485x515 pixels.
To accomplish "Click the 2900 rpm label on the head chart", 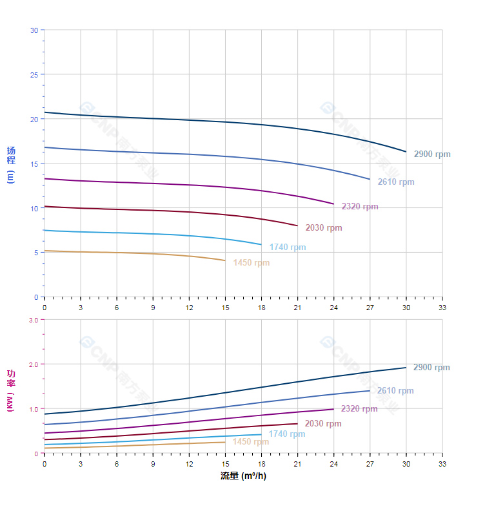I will pyautogui.click(x=432, y=154).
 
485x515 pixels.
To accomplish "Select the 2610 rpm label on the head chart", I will pyautogui.click(x=396, y=182).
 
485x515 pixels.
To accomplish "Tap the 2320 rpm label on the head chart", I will pyautogui.click(x=360, y=207).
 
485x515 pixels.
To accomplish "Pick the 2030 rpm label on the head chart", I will pyautogui.click(x=324, y=228).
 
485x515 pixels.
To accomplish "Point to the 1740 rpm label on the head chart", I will pyautogui.click(x=288, y=247).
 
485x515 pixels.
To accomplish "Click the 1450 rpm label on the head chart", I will pyautogui.click(x=252, y=263).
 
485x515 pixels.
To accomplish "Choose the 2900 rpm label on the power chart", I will pyautogui.click(x=431, y=368).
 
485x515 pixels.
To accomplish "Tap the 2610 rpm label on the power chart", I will pyautogui.click(x=395, y=391).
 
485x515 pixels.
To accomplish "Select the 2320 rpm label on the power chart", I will pyautogui.click(x=359, y=409).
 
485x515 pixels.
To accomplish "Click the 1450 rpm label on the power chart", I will pyautogui.click(x=251, y=442).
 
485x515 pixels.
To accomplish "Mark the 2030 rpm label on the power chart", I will pyautogui.click(x=323, y=424).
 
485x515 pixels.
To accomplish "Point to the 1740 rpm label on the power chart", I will pyautogui.click(x=287, y=434).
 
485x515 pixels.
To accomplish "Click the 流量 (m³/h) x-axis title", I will pyautogui.click(x=243, y=476).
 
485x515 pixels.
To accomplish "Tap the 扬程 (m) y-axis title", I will pyautogui.click(x=11, y=165).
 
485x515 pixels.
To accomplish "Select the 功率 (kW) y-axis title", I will pyautogui.click(x=11, y=392).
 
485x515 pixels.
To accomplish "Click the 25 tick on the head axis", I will pyautogui.click(x=34, y=74).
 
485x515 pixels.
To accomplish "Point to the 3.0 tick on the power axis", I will pyautogui.click(x=33, y=320).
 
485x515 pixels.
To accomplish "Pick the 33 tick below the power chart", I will pyautogui.click(x=442, y=464).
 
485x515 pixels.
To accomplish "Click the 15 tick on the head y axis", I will pyautogui.click(x=34, y=163).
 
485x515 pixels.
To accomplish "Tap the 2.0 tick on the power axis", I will pyautogui.click(x=33, y=364).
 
